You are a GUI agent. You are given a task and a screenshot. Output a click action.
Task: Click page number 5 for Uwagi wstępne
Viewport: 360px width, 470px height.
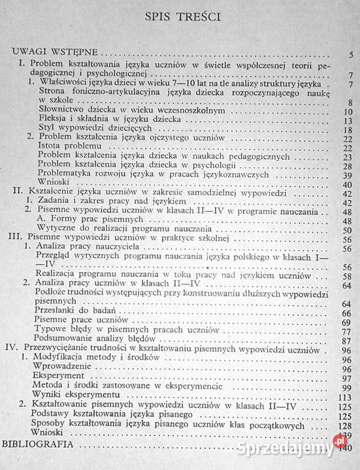point(351,54)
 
